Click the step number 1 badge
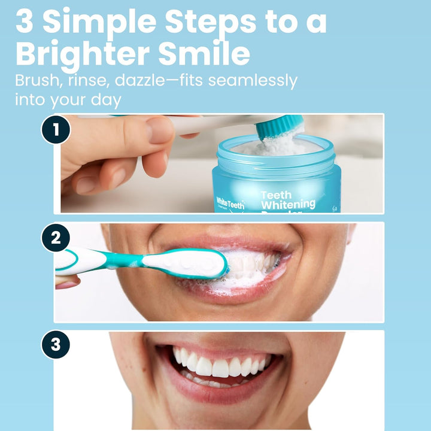tap(56, 130)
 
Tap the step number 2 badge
tap(56, 238)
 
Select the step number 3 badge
tap(56, 345)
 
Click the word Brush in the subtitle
tap(37, 80)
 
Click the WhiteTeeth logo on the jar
tap(230, 204)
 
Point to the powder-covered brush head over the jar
tap(280, 129)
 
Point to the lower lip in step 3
tap(221, 392)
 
